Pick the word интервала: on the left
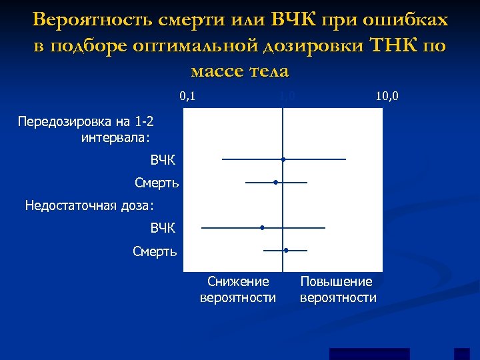(x=116, y=138)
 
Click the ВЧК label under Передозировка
(x=163, y=160)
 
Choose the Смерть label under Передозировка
(x=157, y=182)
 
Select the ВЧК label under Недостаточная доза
(x=163, y=228)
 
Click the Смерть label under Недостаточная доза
(x=155, y=251)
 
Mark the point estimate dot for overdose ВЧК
(x=283, y=159)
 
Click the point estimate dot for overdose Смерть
(x=275, y=182)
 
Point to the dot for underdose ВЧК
(x=262, y=227)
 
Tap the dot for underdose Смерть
(x=286, y=250)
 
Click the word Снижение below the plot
(x=238, y=282)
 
